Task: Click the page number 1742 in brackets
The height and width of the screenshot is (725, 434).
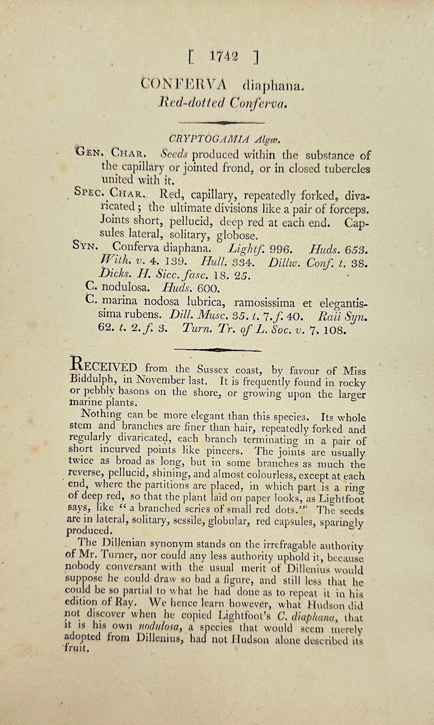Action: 224,57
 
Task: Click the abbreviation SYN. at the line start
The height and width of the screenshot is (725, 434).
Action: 86,246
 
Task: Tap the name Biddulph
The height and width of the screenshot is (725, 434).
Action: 90,380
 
